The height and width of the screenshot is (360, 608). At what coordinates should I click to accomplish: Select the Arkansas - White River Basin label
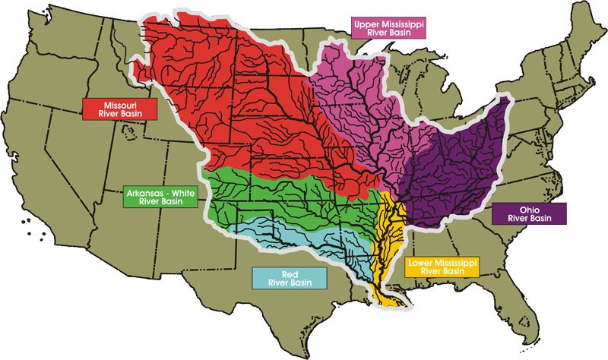click(159, 198)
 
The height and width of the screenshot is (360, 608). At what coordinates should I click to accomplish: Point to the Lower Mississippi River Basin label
click(442, 266)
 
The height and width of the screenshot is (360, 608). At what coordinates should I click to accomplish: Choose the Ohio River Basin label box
click(529, 213)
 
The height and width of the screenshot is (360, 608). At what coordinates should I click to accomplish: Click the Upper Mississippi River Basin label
click(389, 29)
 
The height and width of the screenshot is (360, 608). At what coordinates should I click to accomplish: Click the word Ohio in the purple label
click(529, 208)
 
